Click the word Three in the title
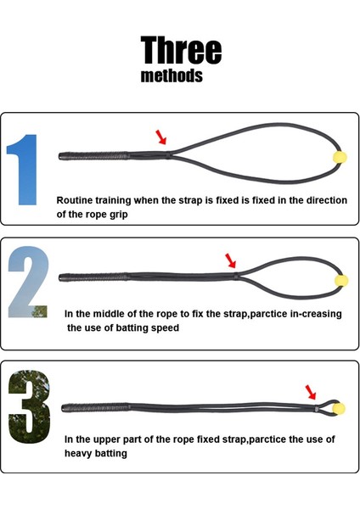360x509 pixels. (x=181, y=50)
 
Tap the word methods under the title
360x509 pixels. (x=172, y=76)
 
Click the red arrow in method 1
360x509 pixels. (x=162, y=137)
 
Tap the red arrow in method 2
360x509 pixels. (x=230, y=259)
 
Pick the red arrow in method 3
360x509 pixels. (x=312, y=391)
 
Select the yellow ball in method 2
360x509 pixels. (x=341, y=279)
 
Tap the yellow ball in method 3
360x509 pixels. (x=340, y=408)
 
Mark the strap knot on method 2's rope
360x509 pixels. (x=235, y=276)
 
